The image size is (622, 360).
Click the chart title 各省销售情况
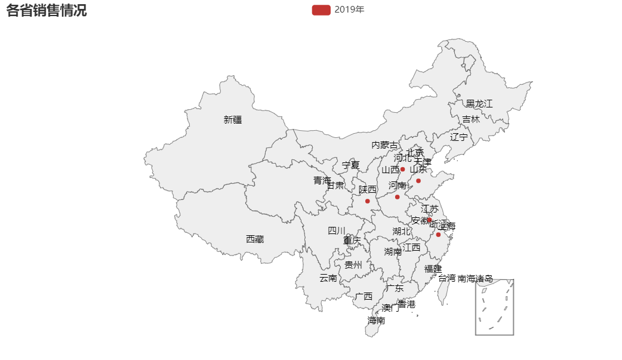(47, 10)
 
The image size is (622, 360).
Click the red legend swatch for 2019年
(321, 10)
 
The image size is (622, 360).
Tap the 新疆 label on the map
(233, 119)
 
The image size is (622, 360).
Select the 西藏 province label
(255, 239)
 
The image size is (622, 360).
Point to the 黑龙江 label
(479, 104)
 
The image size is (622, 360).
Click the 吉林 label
(471, 119)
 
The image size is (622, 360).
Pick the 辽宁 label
(459, 137)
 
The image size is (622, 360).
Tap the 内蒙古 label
(384, 144)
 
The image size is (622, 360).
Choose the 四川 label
(337, 230)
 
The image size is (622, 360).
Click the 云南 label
(328, 278)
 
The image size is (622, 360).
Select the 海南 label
(376, 321)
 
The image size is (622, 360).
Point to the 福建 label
(433, 269)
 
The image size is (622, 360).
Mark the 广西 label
(364, 296)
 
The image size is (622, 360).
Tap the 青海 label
(322, 180)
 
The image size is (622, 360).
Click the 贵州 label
(353, 264)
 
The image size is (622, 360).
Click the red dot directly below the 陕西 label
(368, 201)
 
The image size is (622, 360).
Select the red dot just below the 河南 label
(397, 197)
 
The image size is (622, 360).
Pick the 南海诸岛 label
(475, 278)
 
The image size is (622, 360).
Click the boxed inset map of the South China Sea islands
(494, 307)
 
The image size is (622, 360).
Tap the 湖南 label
(393, 252)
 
